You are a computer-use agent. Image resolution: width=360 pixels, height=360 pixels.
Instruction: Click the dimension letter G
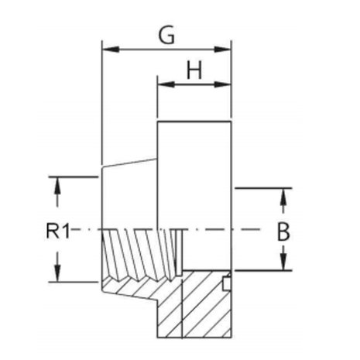[166, 35]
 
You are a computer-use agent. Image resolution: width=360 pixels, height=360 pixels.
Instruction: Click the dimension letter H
[194, 70]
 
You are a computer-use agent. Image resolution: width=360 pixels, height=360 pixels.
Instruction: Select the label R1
[58, 231]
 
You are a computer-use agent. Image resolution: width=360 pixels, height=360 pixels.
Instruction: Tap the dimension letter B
[283, 231]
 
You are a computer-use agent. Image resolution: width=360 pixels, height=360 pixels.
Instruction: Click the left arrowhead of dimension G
[111, 50]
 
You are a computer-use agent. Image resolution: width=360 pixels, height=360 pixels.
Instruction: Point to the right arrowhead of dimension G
[222, 50]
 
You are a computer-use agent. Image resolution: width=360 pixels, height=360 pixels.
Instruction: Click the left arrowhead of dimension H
[166, 84]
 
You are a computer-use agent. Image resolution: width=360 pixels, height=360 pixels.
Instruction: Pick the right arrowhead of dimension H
[222, 84]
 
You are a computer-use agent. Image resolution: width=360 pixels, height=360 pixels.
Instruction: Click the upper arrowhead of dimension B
[283, 197]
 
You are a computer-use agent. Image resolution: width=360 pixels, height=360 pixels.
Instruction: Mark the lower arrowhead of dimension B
[283, 262]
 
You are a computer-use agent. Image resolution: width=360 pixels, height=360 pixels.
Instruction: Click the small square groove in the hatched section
[226, 283]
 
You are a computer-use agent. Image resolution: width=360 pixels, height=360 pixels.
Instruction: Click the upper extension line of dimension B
[263, 188]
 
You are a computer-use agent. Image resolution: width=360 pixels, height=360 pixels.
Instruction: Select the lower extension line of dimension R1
[74, 282]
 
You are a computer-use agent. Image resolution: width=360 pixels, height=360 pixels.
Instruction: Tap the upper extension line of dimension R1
[74, 177]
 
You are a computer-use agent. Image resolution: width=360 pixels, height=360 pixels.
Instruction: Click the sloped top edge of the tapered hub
[130, 163]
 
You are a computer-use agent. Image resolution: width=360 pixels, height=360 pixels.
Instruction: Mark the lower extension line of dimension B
[263, 271]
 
